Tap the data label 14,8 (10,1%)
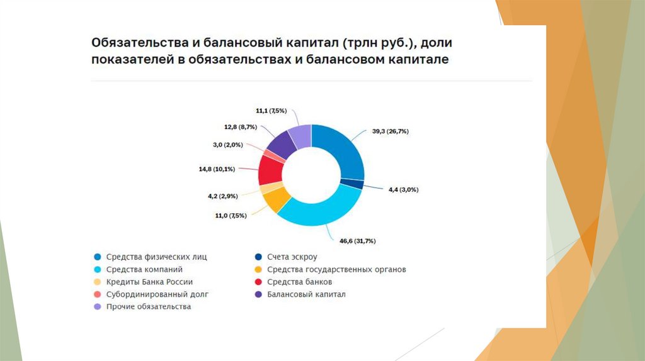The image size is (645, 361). (217, 169)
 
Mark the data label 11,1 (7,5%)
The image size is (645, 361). (271, 111)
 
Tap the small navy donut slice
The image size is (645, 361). (352, 184)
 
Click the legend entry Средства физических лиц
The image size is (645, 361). (156, 257)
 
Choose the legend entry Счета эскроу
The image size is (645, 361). (291, 257)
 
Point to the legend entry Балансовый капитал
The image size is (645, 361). (305, 294)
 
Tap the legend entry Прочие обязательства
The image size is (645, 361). (148, 307)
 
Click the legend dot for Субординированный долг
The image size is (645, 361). (96, 294)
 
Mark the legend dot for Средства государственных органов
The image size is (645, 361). (257, 269)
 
